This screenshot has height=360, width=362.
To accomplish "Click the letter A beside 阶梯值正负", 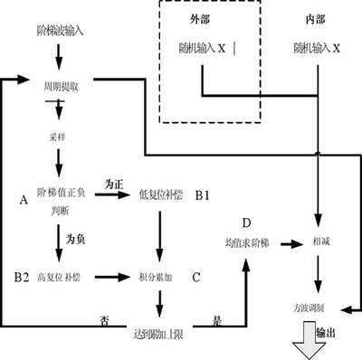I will pos(23,197).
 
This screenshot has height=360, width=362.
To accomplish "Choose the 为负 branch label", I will pos(76,239).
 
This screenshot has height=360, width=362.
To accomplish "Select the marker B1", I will pos(205,194).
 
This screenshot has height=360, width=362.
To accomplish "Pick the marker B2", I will pos(22,274).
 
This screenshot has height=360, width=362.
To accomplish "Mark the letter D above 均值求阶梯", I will pos(245,223).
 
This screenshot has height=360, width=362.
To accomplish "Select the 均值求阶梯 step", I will pos(245,243).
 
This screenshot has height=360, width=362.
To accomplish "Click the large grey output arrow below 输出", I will pos(313,347).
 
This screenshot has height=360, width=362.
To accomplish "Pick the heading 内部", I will pos(319,19).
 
